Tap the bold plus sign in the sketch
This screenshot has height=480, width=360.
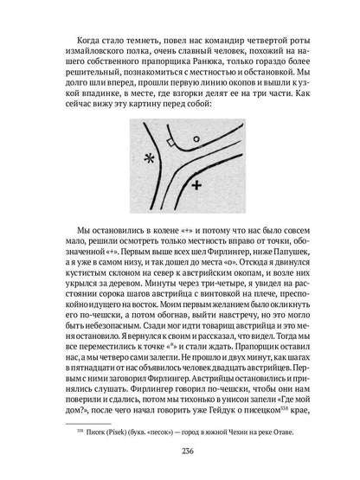point(197,185)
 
